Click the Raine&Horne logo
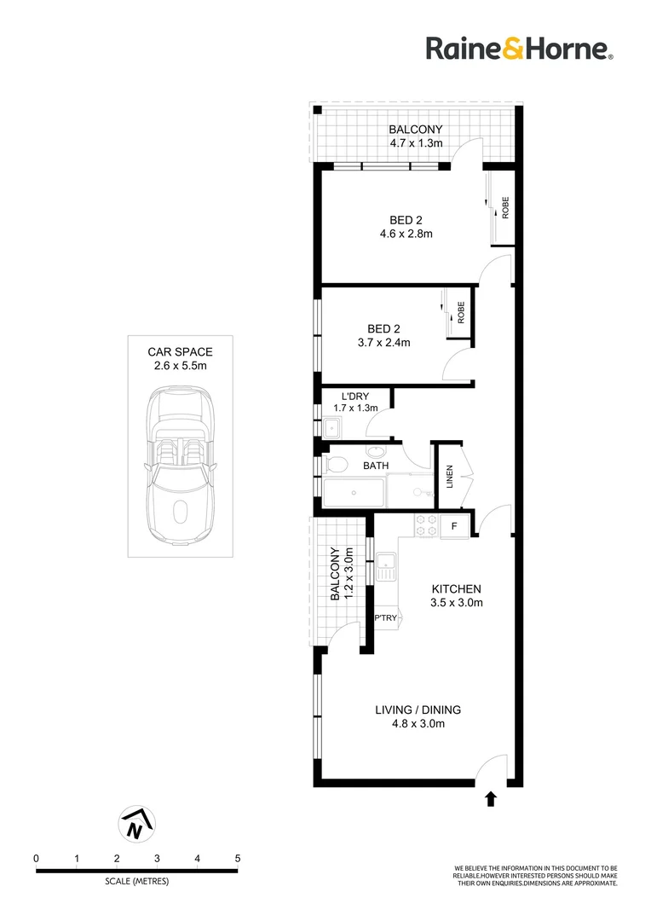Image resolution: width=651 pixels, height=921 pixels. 519,49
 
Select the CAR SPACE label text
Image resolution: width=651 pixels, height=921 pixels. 180,351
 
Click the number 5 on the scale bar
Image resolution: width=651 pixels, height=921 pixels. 238,858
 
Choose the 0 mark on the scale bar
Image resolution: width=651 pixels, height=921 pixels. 37,858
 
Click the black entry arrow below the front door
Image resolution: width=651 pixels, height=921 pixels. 490,799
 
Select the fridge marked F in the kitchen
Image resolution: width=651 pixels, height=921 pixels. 454,527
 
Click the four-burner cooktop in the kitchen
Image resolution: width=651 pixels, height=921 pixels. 425,526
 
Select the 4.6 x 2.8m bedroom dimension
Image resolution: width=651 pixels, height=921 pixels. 406,234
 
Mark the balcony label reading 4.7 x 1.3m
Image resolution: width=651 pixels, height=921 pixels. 416,142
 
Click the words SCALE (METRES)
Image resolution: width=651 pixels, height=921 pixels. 136,881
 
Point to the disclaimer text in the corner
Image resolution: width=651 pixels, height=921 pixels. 535,875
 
